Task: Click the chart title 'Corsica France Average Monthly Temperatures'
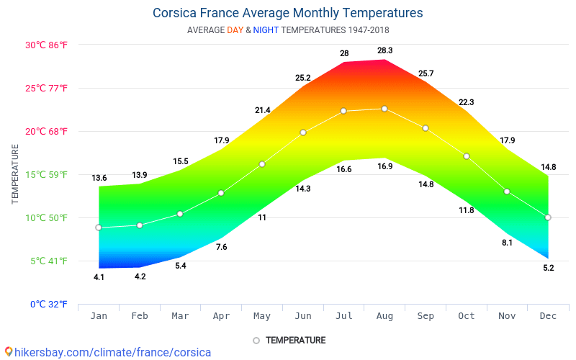point(288,13)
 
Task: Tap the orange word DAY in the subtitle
point(235,30)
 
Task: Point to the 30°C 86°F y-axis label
point(46,45)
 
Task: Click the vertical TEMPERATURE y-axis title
point(15,174)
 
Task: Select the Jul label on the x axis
point(343,316)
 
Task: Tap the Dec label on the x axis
point(547,316)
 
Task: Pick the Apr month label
point(221,316)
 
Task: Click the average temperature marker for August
point(384,109)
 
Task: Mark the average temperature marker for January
point(99,228)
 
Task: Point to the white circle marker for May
point(262,164)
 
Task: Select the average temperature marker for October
point(467,156)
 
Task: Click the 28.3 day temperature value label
point(384,50)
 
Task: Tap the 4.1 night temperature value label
point(99,277)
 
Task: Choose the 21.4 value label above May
point(262,110)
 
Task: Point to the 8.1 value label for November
point(507,243)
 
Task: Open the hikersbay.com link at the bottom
point(108,353)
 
